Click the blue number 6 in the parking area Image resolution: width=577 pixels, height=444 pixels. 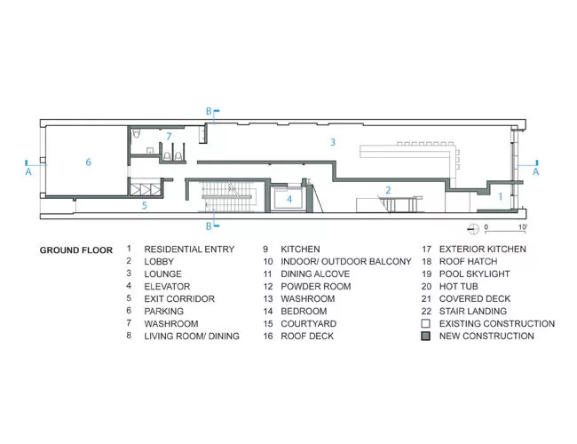88,162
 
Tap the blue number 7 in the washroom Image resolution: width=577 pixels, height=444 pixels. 169,137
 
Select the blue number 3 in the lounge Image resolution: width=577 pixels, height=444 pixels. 333,142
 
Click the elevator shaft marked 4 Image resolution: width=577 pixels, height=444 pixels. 289,199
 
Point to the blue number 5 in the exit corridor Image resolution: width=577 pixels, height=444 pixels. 145,205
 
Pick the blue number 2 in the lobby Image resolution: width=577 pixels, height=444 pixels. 388,190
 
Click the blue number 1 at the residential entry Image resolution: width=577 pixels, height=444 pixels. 501,197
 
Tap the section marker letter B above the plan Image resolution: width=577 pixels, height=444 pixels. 209,111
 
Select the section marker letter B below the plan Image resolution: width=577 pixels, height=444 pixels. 209,226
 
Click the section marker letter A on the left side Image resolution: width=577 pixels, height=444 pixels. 28,171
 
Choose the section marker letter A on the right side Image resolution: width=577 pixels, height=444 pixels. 536,171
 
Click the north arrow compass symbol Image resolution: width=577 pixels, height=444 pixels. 473,229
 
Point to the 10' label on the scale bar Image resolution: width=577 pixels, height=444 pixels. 523,226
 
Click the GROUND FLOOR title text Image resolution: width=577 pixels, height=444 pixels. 76,250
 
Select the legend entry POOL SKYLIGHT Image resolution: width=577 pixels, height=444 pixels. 474,274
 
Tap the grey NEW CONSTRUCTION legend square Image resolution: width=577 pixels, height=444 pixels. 426,336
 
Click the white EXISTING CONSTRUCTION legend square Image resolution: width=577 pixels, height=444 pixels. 426,323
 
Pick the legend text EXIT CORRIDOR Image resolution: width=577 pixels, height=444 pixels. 179,298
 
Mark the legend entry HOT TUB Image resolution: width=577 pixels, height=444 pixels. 459,287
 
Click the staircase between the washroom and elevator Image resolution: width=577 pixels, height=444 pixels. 227,197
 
